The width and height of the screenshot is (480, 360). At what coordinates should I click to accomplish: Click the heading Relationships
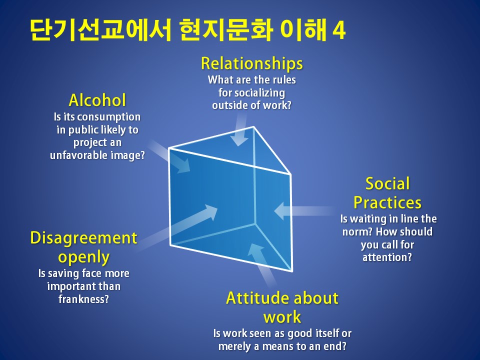[252, 63]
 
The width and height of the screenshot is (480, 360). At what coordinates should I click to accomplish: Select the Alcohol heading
[97, 100]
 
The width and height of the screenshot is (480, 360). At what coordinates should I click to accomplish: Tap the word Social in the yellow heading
[387, 183]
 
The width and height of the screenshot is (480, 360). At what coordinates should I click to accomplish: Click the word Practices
[387, 202]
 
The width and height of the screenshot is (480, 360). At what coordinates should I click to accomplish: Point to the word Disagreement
[83, 238]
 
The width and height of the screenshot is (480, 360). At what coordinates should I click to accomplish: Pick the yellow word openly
[83, 257]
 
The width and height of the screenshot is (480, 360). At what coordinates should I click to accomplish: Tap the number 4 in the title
[339, 31]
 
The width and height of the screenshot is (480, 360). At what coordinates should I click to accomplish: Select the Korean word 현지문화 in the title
[226, 30]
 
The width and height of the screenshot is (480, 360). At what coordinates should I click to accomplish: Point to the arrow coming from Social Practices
[304, 211]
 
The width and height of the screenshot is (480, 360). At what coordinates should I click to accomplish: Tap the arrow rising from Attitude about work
[261, 265]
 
